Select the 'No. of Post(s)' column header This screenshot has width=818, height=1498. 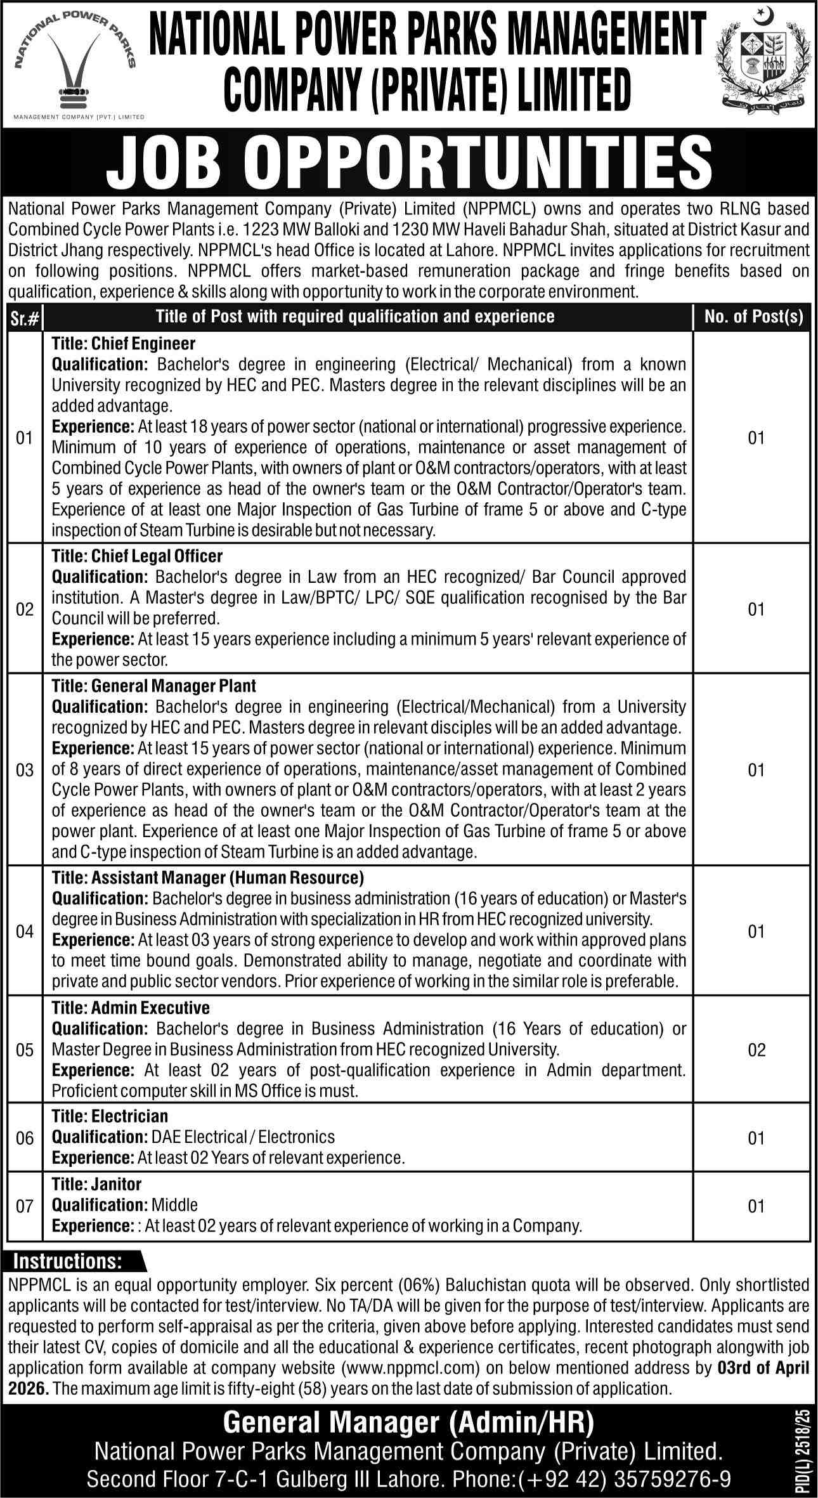pyautogui.click(x=753, y=316)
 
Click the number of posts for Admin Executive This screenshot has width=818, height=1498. pyautogui.click(x=756, y=1050)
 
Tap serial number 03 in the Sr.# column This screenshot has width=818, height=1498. pyautogui.click(x=25, y=771)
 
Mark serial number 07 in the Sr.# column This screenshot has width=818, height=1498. pyautogui.click(x=25, y=1206)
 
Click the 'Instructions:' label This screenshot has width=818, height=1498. pyautogui.click(x=68, y=1260)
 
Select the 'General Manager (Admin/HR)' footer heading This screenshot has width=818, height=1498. pyautogui.click(x=408, y=1419)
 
